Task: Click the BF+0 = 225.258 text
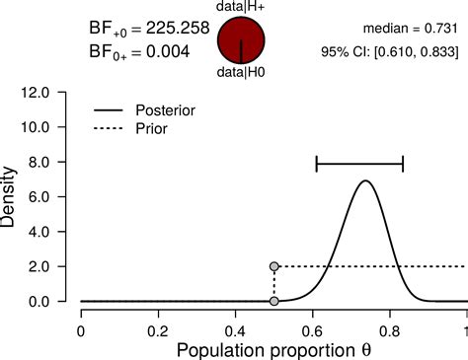(149, 30)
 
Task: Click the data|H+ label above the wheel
(242, 7)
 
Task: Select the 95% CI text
(393, 51)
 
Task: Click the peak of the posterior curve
(365, 181)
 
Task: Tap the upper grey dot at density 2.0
(273, 266)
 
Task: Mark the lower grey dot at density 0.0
(273, 301)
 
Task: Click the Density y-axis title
(12, 197)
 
